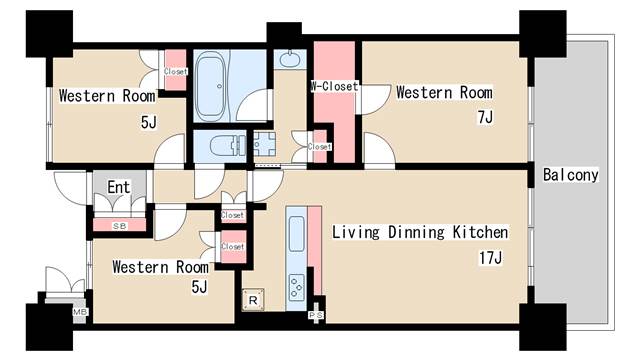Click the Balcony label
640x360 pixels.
[x=571, y=175]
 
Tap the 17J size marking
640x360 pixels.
[x=491, y=258]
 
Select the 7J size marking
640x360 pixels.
[x=485, y=117]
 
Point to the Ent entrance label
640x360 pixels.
[x=119, y=187]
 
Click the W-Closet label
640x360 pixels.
[x=334, y=86]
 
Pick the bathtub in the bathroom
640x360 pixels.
[x=211, y=87]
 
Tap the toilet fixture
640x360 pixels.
[x=228, y=145]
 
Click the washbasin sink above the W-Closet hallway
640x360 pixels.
[x=290, y=59]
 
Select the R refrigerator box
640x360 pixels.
[x=253, y=300]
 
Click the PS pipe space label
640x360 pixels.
[x=316, y=315]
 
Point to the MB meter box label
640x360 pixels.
[x=80, y=312]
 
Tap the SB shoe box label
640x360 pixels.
[x=120, y=226]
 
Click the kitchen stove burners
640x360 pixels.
[x=297, y=287]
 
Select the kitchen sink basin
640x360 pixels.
[x=297, y=234]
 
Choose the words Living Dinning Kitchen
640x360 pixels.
[x=420, y=232]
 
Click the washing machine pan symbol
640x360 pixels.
[x=264, y=144]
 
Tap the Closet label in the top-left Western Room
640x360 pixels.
[x=176, y=71]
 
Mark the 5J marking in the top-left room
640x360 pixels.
[x=149, y=122]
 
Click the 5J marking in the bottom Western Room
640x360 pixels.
[x=199, y=287]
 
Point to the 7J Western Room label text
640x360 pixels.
[x=444, y=93]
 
